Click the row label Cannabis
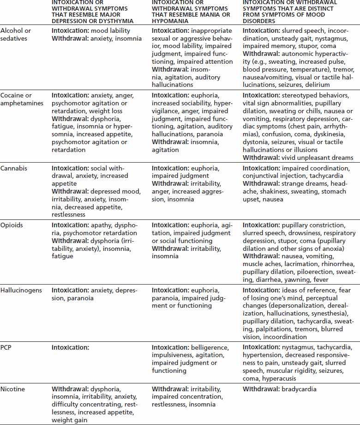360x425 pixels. point(14,169)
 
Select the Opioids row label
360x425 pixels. point(12,225)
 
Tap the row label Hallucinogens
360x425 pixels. point(21,291)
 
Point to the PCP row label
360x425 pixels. point(7,347)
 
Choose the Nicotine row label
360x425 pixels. point(13,389)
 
